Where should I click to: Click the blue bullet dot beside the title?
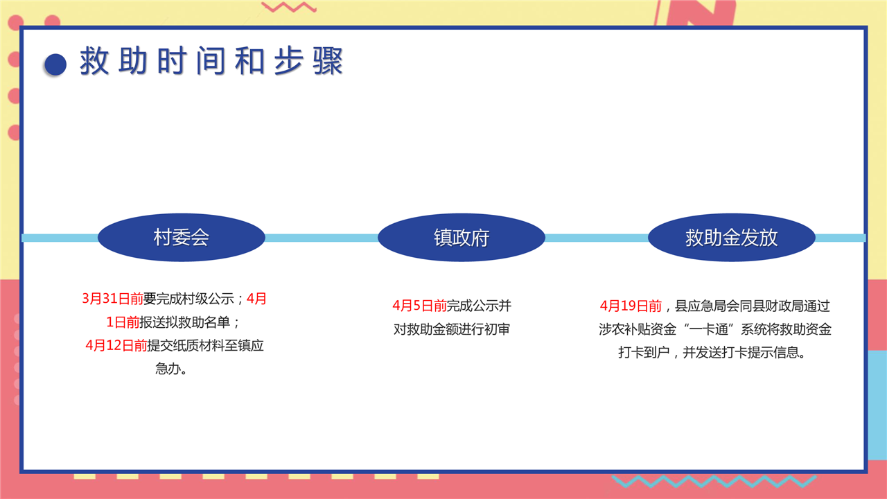coord(55,64)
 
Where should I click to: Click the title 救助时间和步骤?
coord(211,61)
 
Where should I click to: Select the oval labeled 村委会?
coord(182,238)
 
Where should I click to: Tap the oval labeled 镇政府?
coord(462,238)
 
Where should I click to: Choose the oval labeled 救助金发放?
coord(731,238)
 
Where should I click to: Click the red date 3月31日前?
coord(112,299)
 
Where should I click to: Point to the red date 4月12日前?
coord(116,345)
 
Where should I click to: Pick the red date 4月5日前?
coord(420,306)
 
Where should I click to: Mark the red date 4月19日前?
coord(631,306)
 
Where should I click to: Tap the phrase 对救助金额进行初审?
coord(452,329)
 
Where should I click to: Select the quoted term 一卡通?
coord(709,329)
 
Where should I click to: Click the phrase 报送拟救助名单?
coord(184,322)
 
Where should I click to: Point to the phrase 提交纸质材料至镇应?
coord(206,345)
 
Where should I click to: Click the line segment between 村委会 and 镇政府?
coord(321,238)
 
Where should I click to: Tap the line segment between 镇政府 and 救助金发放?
coord(597,238)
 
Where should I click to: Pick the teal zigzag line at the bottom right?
coord(714,481)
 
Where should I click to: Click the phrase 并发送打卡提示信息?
coord(744,353)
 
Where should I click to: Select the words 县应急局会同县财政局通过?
coord(753,306)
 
